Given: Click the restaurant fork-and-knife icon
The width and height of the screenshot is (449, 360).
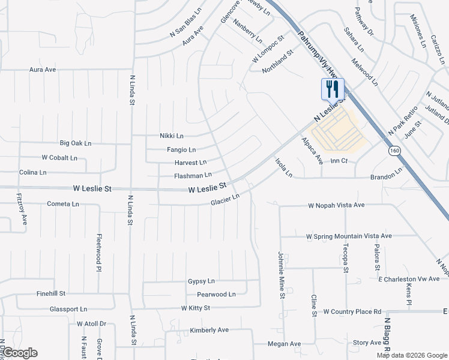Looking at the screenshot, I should (333, 89).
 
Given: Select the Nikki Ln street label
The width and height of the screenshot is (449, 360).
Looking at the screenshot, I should (172, 136).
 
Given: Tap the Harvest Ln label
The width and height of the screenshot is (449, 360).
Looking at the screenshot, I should (190, 163).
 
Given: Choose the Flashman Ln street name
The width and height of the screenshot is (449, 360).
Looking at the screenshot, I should (193, 175).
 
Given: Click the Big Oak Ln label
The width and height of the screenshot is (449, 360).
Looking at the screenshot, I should (76, 143).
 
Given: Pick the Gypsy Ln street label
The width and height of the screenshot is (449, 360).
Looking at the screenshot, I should (201, 281).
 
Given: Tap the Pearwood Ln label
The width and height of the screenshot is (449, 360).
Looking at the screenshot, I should (216, 295).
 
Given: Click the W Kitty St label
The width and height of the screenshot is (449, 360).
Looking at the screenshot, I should (196, 308).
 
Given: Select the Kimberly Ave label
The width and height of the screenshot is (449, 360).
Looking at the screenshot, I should (209, 330).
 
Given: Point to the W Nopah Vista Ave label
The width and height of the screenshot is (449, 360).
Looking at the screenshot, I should (336, 205).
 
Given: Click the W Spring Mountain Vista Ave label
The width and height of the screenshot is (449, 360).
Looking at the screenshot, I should (349, 236).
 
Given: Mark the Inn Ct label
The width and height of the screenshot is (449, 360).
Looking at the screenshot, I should (339, 161).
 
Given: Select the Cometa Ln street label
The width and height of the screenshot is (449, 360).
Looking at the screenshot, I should (63, 204).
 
